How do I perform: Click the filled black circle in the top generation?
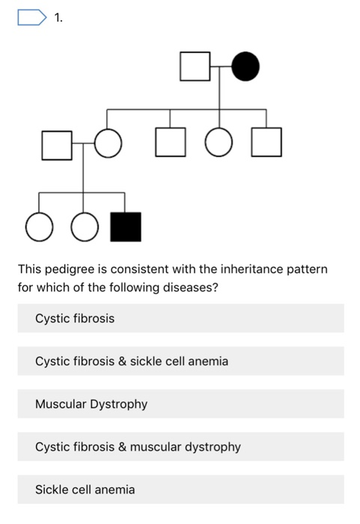click(x=245, y=67)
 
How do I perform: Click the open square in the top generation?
click(x=194, y=67)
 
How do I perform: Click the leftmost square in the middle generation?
click(x=57, y=144)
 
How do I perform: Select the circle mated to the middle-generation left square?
click(x=108, y=144)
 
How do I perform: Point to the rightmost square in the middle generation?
click(x=266, y=142)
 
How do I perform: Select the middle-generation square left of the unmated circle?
click(x=170, y=142)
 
